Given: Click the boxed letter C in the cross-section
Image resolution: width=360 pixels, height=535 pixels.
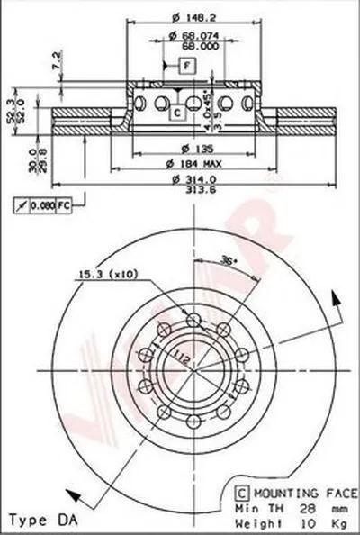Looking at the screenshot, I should point(177,112).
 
